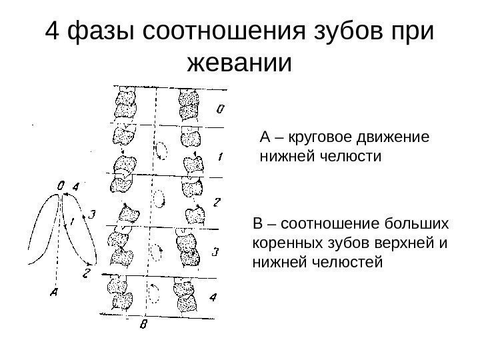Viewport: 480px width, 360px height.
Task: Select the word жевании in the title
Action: [x=241, y=65]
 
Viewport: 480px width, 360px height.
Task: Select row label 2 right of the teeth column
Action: [x=217, y=202]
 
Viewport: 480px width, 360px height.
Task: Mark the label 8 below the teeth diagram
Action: [x=143, y=326]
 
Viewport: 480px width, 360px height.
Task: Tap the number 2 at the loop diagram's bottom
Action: [x=86, y=273]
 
